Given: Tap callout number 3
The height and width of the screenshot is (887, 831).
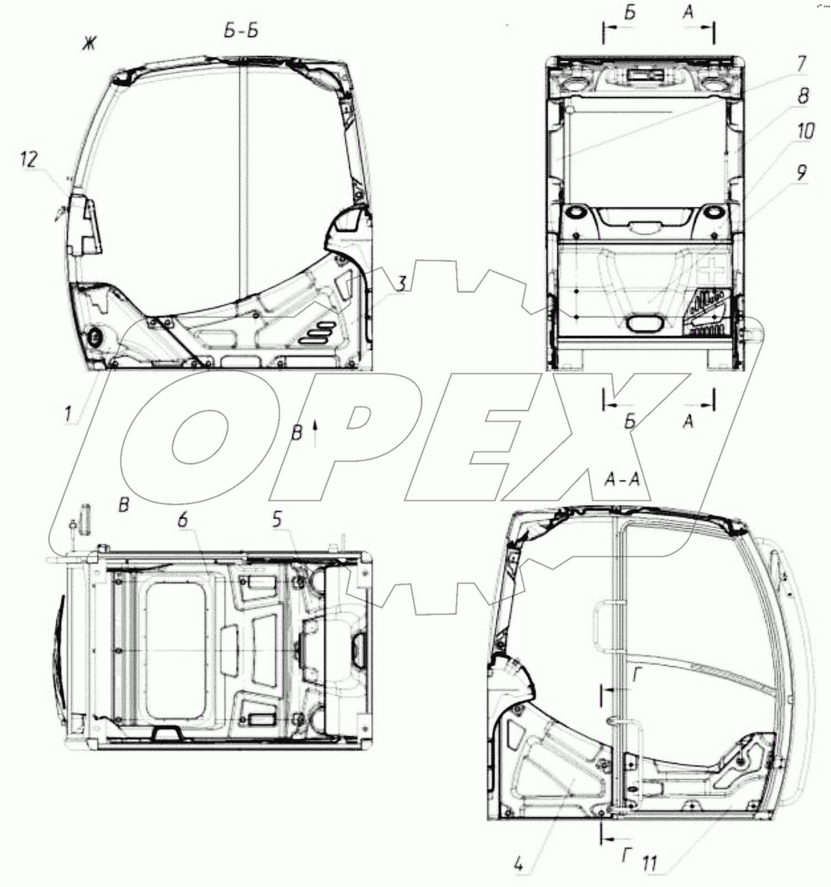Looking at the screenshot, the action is click(402, 283).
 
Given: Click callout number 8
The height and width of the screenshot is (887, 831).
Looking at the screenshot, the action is click(803, 96).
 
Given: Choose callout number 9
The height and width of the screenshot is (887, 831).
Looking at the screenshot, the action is click(801, 173).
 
